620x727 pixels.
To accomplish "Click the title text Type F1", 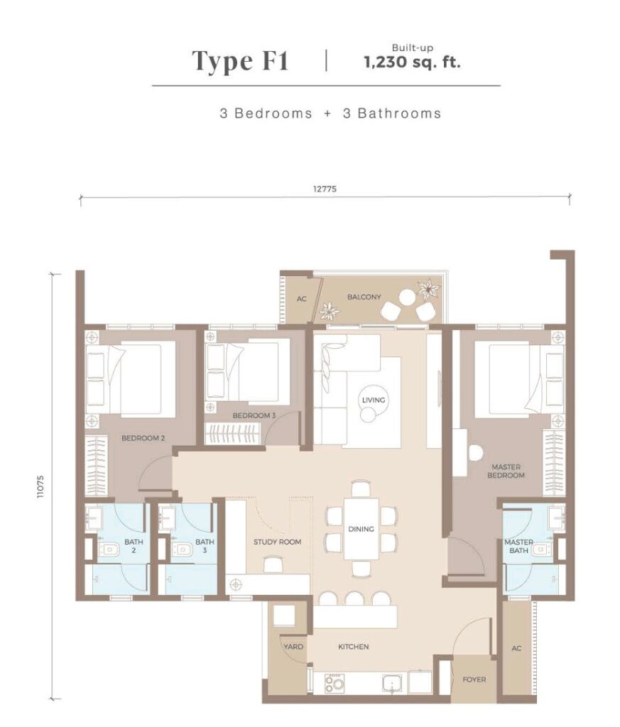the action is [x=240, y=62].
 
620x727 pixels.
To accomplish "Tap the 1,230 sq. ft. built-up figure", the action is [x=412, y=62].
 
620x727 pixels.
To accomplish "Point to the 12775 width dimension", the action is [x=325, y=189].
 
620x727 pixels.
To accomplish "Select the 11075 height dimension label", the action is [x=42, y=486].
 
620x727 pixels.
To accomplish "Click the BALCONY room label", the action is [x=364, y=297].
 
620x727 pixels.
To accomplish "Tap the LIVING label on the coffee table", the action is [x=374, y=400].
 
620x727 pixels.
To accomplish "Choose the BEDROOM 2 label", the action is [x=143, y=437].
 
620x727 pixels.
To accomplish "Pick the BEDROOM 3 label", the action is [x=254, y=415].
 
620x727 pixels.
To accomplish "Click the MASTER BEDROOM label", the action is [x=506, y=471].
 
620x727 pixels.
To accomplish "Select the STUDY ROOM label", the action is [x=277, y=542].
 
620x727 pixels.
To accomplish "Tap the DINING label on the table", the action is [x=361, y=529].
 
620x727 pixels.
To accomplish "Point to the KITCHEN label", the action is [x=354, y=646].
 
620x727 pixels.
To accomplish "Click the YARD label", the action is [x=293, y=646].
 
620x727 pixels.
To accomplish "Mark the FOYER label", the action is [x=474, y=679].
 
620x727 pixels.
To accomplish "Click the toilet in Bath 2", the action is [x=107, y=550].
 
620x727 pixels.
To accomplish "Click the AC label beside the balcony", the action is [x=301, y=299].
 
